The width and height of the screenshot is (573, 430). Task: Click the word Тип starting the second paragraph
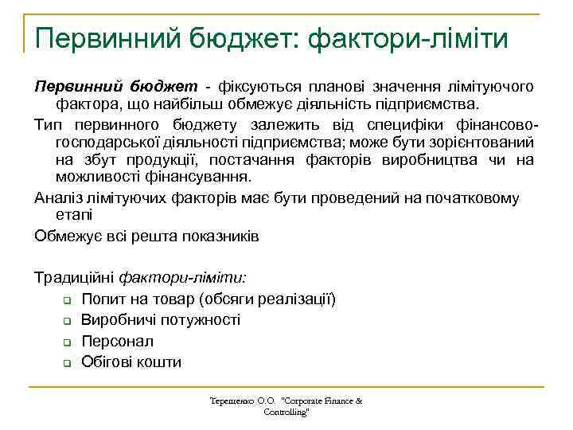click(x=48, y=125)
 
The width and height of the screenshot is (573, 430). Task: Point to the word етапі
click(x=73, y=215)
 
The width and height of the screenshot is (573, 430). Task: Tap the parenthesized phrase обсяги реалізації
click(x=271, y=299)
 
